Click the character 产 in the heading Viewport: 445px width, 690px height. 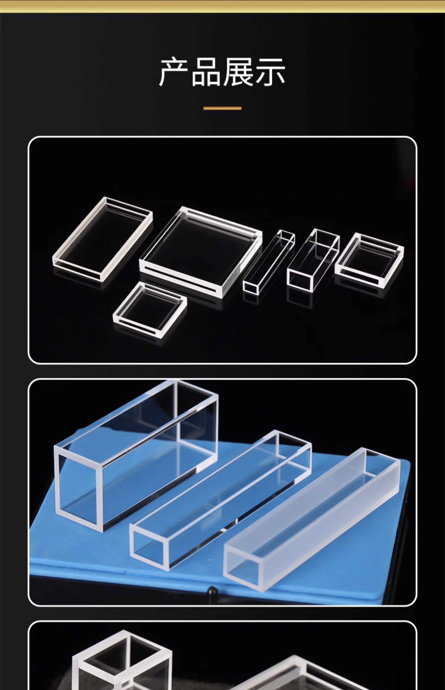[175, 72]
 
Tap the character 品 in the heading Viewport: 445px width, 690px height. [206, 72]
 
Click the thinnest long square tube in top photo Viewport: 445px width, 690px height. [269, 261]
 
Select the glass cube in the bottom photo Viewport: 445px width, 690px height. [122, 663]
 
